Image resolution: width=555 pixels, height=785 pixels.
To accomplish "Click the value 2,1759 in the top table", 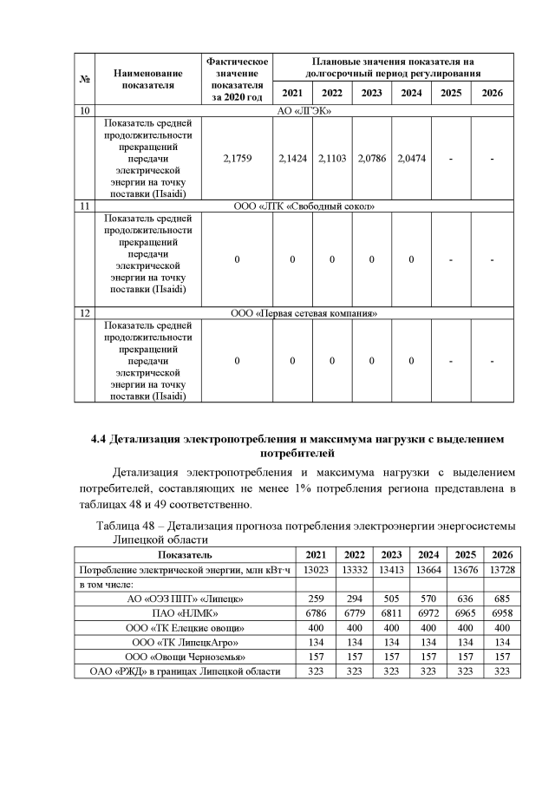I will pyautogui.click(x=236, y=159).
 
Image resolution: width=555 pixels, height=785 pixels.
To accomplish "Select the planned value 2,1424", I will pyautogui.click(x=292, y=159).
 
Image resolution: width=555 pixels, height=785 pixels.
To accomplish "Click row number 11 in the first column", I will pyautogui.click(x=84, y=207).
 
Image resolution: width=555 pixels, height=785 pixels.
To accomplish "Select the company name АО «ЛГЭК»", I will pyautogui.click(x=304, y=111).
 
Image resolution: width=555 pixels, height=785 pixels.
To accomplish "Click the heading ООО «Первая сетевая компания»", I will pyautogui.click(x=304, y=312).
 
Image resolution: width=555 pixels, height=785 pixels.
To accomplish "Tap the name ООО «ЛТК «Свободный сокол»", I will pyautogui.click(x=304, y=207).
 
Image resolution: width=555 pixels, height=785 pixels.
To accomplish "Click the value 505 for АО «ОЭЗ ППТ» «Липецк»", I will pyautogui.click(x=390, y=599).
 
